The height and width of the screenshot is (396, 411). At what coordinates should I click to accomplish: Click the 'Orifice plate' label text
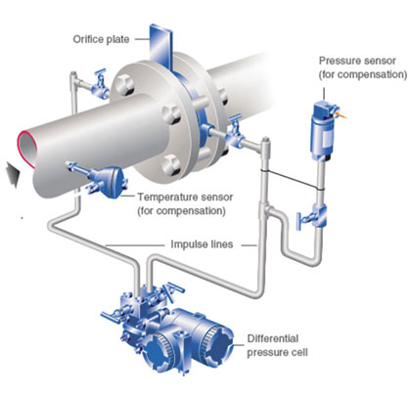point(101,40)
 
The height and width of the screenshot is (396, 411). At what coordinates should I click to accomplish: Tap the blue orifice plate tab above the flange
point(160,47)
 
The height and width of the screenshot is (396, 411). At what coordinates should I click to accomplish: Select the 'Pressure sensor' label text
point(357,61)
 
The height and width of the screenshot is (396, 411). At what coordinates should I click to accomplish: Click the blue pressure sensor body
point(323,131)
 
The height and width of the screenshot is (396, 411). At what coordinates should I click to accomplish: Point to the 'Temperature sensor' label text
point(185,198)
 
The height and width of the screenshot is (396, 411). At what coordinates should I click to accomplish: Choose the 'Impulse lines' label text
point(202,244)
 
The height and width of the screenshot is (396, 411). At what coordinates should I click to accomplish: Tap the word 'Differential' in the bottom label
point(273,338)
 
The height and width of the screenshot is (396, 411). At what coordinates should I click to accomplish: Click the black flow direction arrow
point(13,173)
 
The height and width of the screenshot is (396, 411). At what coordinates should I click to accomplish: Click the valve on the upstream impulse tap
point(100,85)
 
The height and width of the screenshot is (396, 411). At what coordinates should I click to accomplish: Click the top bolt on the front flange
point(125,83)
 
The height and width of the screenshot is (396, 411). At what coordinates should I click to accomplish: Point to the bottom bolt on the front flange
point(172,164)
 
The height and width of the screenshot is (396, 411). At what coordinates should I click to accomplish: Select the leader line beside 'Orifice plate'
point(141,39)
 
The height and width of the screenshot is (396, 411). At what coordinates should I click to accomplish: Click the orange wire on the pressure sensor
point(342,113)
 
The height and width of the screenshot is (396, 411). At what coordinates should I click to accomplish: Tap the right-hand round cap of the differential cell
point(217,341)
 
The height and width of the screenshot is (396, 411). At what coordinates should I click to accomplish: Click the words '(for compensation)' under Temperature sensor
point(181,211)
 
